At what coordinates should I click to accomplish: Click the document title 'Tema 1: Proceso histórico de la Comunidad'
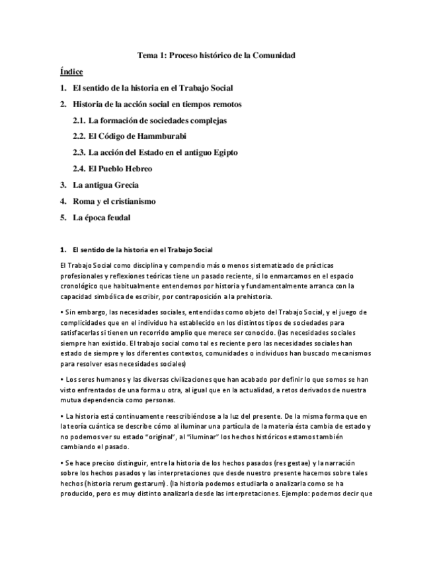coord(216,56)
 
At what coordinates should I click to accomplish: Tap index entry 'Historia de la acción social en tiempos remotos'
coord(157,104)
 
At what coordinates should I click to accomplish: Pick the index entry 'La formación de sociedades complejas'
coord(157,120)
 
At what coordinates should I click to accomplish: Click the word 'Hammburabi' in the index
coord(161,136)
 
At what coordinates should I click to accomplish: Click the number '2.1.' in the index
coord(79,120)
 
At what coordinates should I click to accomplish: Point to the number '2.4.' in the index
coord(79,169)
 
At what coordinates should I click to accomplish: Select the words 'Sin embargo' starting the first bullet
coord(82,312)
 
